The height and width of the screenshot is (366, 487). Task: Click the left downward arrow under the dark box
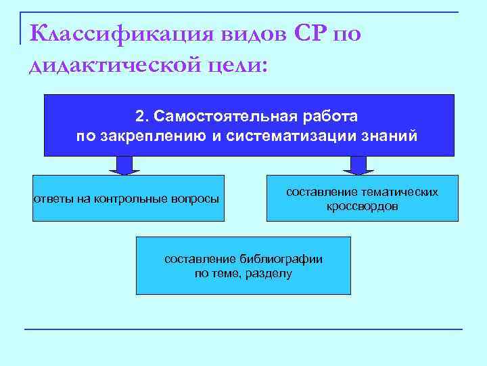click(x=124, y=165)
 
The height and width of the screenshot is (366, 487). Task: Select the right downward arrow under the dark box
click(x=358, y=165)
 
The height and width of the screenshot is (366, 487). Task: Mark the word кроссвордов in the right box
click(x=362, y=206)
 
